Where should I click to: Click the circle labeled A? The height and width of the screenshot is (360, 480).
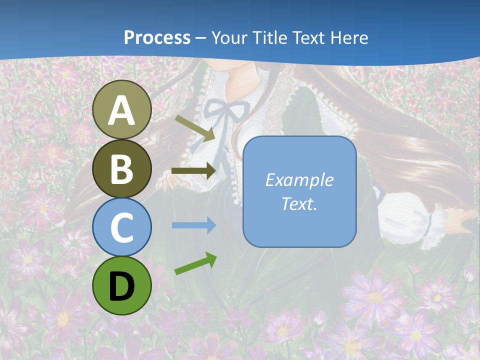(122, 110)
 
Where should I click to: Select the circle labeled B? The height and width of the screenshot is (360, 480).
(122, 169)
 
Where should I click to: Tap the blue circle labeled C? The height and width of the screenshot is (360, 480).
(122, 227)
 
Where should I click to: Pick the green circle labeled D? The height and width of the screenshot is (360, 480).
(122, 286)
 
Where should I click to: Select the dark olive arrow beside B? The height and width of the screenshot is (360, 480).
(193, 171)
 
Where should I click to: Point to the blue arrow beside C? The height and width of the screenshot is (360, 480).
(193, 225)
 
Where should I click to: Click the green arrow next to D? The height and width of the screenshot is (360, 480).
(195, 264)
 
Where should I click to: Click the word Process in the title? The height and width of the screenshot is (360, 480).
(157, 37)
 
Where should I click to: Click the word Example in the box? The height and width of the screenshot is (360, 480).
(299, 180)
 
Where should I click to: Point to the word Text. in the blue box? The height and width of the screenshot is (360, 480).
(299, 203)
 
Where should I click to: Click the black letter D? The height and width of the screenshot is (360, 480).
(122, 286)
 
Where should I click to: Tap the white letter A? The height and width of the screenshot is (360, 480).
(122, 110)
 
